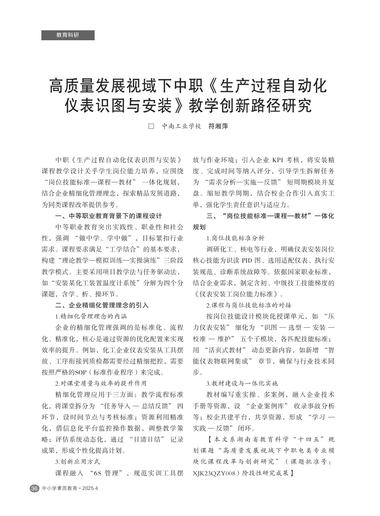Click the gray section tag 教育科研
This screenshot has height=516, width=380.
(68, 35)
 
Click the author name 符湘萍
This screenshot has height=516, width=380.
(218, 126)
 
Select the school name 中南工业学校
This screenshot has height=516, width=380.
(181, 126)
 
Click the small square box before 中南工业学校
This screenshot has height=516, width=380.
(151, 126)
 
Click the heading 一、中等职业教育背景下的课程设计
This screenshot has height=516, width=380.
(109, 216)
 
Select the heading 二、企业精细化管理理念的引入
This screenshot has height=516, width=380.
(102, 306)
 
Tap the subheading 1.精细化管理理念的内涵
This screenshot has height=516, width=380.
(91, 317)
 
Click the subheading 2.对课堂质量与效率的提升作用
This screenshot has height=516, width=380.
(101, 383)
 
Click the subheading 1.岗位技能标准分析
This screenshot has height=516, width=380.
(235, 238)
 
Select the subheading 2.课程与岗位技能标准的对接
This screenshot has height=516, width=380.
(249, 306)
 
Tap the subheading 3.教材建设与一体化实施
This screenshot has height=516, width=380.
(242, 383)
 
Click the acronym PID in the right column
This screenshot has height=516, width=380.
(247, 261)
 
